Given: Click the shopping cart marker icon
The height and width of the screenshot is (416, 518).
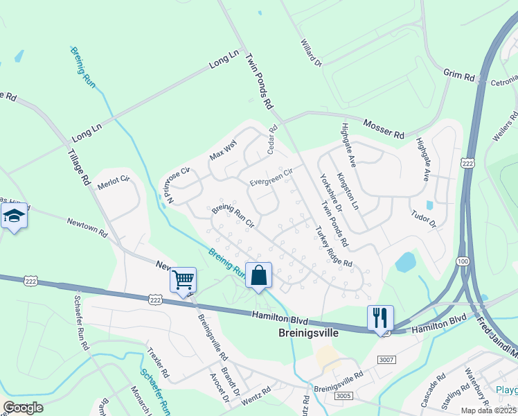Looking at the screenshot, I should pos(183,280).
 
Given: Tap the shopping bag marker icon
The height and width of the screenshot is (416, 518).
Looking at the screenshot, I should pos(258,275).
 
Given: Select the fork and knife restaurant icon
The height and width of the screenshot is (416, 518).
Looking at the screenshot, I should pos(380,318).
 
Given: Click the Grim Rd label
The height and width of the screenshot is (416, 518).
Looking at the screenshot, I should pos(460,76).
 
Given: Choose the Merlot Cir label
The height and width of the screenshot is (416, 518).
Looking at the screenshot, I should pos(114,180).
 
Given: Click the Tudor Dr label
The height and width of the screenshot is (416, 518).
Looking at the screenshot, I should pos(423,220).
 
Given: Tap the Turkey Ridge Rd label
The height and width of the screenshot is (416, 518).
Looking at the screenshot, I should pos(334,248).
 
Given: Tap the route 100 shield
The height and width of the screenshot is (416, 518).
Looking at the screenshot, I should pos(462,260).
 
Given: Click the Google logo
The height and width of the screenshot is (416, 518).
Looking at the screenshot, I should pos(23,408).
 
